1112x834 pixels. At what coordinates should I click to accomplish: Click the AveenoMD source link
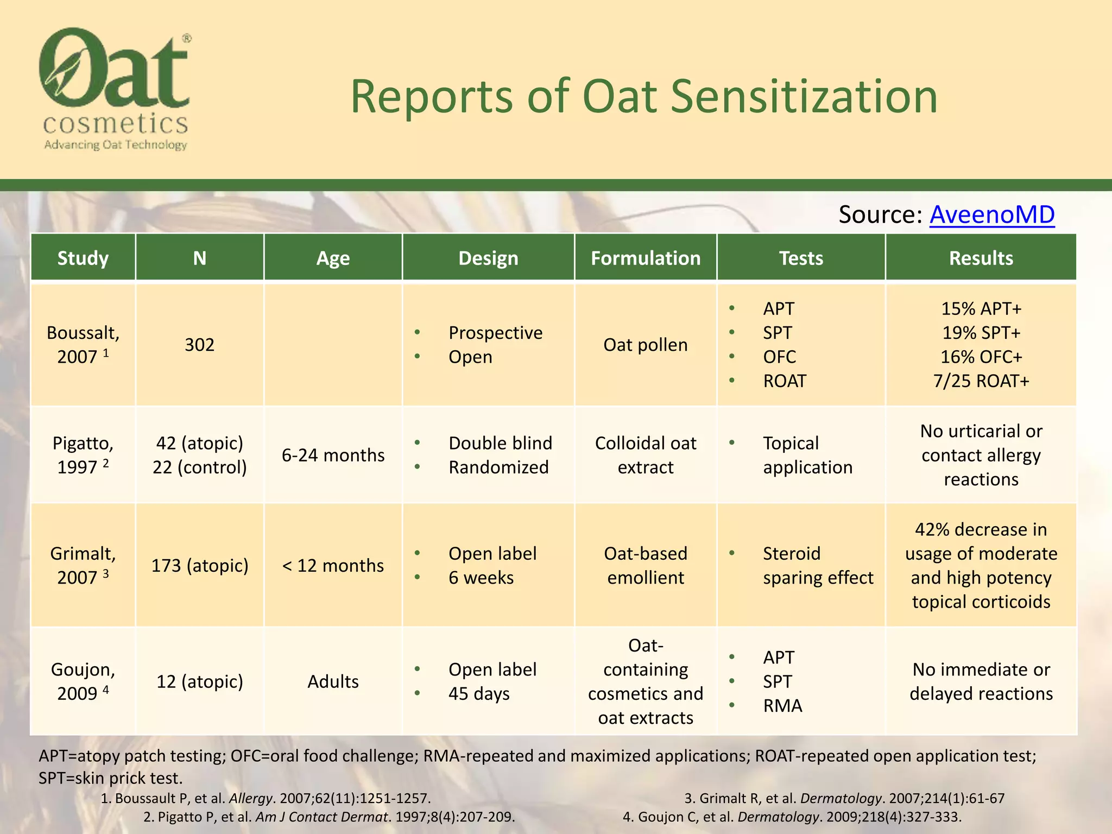(x=991, y=214)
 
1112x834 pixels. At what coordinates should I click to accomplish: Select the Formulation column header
(x=645, y=258)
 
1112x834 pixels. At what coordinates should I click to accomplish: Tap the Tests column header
(x=800, y=258)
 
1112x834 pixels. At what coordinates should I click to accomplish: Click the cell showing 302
(x=199, y=345)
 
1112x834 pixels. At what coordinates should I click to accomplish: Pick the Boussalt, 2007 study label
(x=83, y=344)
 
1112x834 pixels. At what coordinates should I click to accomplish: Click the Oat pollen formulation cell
(x=645, y=345)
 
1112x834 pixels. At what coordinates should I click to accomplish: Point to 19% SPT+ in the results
(x=981, y=332)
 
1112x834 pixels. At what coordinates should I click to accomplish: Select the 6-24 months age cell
(x=333, y=455)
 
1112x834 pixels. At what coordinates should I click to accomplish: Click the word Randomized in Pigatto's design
(x=498, y=467)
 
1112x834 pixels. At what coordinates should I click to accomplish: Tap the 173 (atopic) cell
(x=199, y=565)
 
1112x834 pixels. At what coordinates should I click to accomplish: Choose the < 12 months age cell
(x=333, y=565)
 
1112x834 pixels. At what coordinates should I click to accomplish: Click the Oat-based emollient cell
(x=645, y=565)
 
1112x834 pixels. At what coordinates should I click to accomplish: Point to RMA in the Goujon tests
(x=782, y=705)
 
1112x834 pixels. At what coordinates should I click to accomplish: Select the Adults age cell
(x=333, y=681)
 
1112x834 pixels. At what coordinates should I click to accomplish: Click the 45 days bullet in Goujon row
(x=478, y=693)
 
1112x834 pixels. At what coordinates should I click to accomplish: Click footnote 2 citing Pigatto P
(x=329, y=817)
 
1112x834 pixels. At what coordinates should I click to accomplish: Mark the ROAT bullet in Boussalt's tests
(x=784, y=381)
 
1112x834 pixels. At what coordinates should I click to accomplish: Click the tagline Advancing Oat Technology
(x=115, y=144)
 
